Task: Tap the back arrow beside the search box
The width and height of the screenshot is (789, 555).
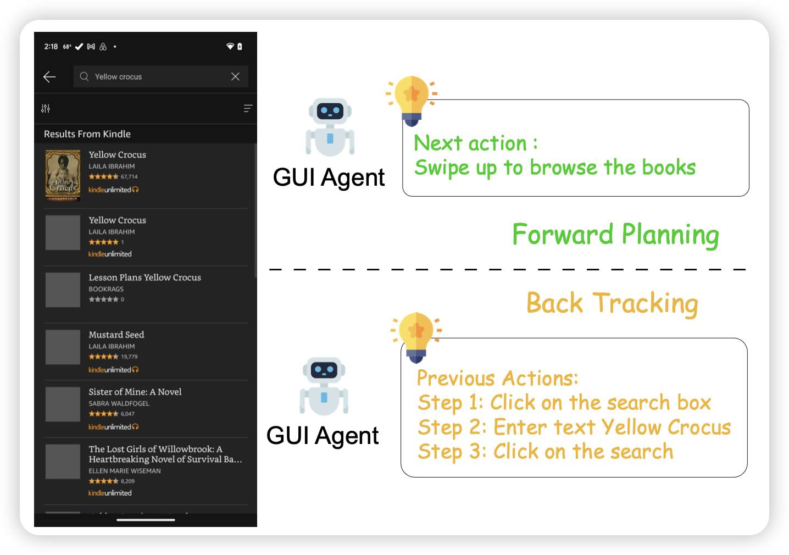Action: pos(49,77)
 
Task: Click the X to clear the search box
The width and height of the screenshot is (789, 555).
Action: pos(235,76)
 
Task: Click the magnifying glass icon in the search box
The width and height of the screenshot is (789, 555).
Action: pos(84,76)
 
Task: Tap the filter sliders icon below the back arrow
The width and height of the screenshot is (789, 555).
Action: pos(46,109)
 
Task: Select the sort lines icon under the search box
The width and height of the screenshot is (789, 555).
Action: pos(248,109)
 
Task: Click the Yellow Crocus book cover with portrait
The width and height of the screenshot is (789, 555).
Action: pos(63,175)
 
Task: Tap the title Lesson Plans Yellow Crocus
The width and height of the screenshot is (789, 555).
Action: pos(145,277)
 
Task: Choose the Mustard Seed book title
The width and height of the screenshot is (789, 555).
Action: pos(116,335)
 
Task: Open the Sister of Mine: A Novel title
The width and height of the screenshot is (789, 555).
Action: pos(135,392)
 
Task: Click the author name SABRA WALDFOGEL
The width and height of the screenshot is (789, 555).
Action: pos(119,403)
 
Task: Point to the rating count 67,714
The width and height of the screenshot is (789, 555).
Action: pos(129,177)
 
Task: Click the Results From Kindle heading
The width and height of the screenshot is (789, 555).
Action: pos(87,134)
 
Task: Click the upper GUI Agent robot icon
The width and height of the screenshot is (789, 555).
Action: pos(330,127)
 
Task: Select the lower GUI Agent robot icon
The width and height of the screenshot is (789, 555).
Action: pos(324,386)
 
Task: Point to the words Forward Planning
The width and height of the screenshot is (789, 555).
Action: pos(615,235)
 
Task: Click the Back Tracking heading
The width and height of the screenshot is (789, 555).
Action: pos(612,303)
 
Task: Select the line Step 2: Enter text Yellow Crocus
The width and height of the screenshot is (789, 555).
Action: pos(574,428)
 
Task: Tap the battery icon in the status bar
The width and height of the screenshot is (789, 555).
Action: pos(240,47)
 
